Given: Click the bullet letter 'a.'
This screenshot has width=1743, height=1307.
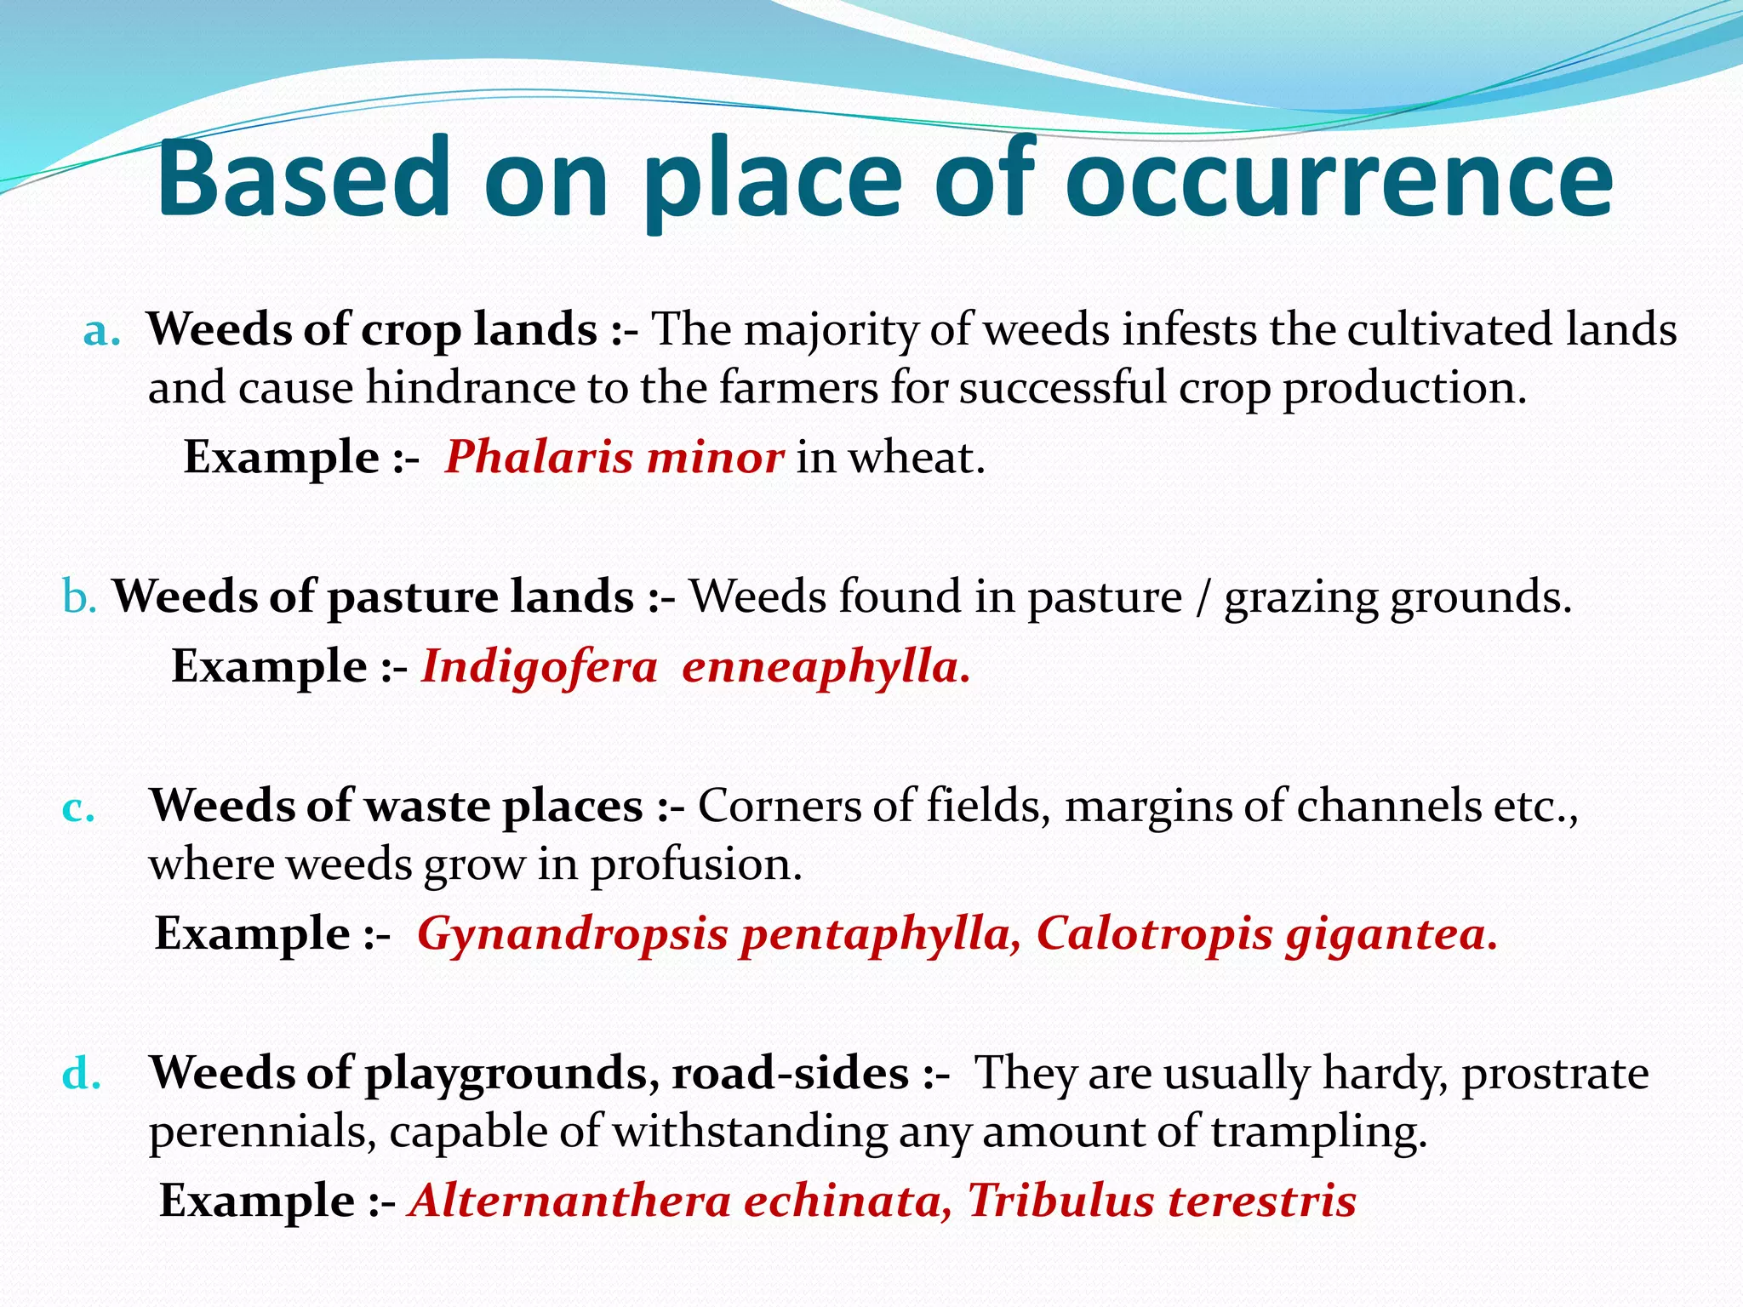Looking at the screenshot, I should pos(101,332).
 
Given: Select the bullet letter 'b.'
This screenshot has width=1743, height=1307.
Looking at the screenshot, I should pos(79,597).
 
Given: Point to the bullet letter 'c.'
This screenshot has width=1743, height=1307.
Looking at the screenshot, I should pos(78,808).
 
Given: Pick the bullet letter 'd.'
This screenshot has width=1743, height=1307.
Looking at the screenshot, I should pos(82,1074).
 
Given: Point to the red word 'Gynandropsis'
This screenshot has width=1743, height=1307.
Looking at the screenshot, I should pos(573,934).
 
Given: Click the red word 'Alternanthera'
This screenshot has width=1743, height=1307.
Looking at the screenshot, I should pos(569,1201).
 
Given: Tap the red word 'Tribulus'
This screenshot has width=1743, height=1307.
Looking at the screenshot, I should pos(1060,1201).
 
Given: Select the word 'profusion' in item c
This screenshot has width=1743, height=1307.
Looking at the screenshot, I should pos(696,866).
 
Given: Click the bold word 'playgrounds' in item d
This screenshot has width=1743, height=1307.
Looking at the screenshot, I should pos(511,1074).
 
